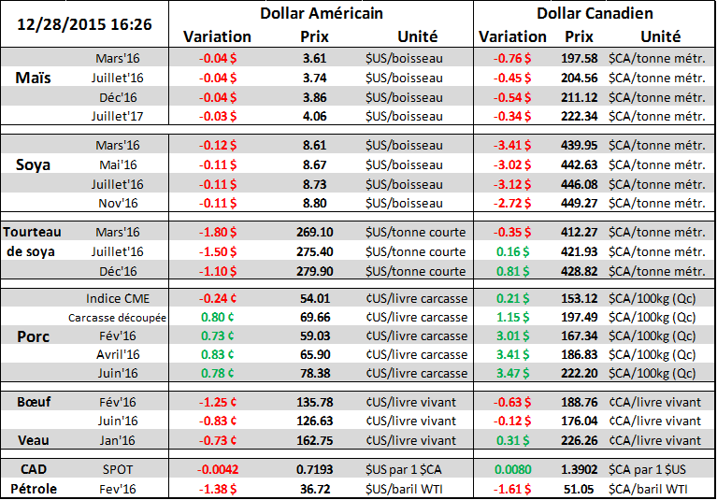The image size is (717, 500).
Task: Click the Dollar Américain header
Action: [321, 14]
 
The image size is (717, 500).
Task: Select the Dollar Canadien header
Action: [595, 14]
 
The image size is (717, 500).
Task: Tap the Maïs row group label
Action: [35, 79]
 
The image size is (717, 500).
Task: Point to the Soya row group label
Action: [35, 164]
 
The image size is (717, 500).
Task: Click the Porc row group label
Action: [35, 336]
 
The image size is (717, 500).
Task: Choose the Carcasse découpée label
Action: [118, 317]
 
